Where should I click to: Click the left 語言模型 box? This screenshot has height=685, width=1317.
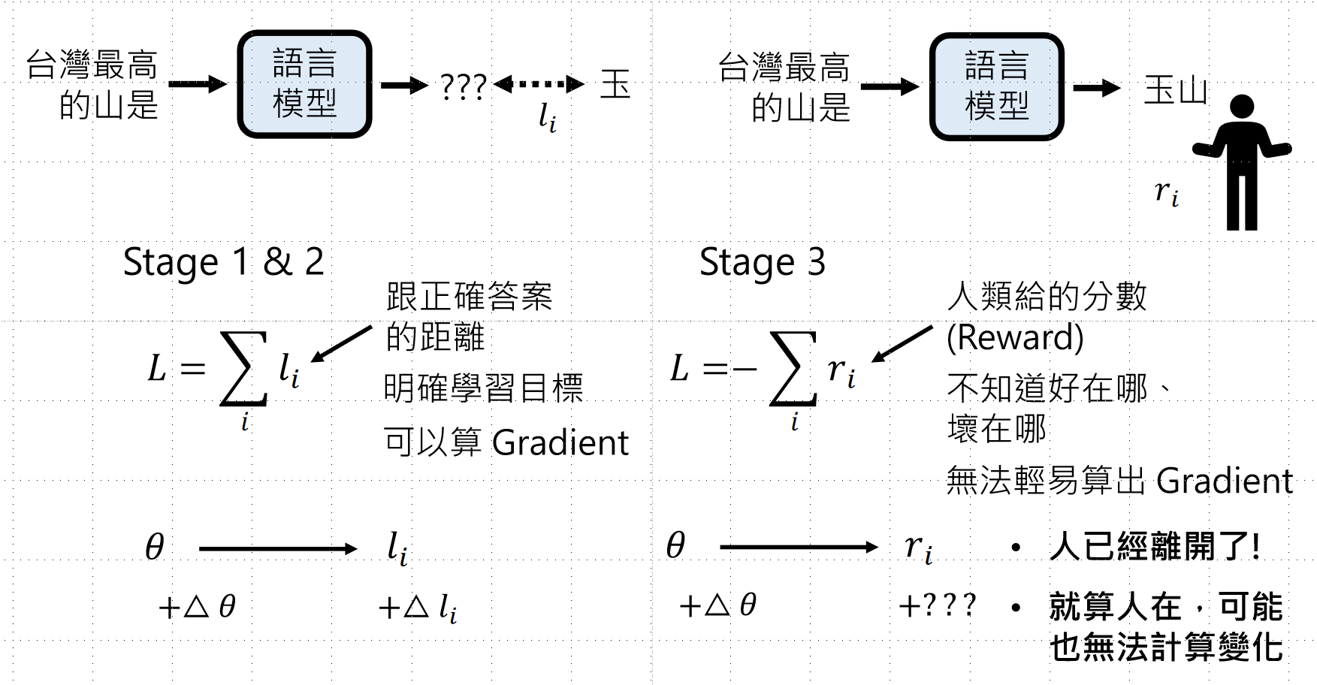[x=304, y=84]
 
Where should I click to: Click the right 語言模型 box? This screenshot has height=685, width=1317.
[x=996, y=86]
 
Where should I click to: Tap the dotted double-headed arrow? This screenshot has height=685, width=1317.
[x=539, y=84]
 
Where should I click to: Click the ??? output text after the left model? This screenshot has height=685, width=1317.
[x=463, y=87]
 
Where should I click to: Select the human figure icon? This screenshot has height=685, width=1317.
[x=1241, y=161]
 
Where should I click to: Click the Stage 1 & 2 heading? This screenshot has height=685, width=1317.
[x=223, y=262]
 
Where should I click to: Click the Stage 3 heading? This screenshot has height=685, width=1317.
[x=762, y=262]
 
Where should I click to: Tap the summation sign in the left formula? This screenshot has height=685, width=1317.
[x=243, y=369]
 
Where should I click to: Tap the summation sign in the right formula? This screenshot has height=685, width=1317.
[x=793, y=369]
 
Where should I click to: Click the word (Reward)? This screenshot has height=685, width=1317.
[x=1014, y=337]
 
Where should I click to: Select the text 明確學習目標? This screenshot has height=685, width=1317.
[x=483, y=388]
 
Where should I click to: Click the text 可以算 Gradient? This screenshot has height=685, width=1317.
[x=506, y=442]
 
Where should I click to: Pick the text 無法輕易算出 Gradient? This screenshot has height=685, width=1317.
[x=1119, y=481]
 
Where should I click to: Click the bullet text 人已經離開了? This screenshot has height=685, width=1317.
[x=1154, y=546]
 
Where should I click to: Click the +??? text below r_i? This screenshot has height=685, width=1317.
[x=938, y=605]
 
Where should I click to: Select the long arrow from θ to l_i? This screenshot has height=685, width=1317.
[x=277, y=549]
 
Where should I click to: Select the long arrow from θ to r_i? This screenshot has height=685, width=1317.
[x=798, y=547]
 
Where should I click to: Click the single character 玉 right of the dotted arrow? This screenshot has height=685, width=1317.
[x=615, y=84]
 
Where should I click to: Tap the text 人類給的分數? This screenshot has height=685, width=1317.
[x=1047, y=297]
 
